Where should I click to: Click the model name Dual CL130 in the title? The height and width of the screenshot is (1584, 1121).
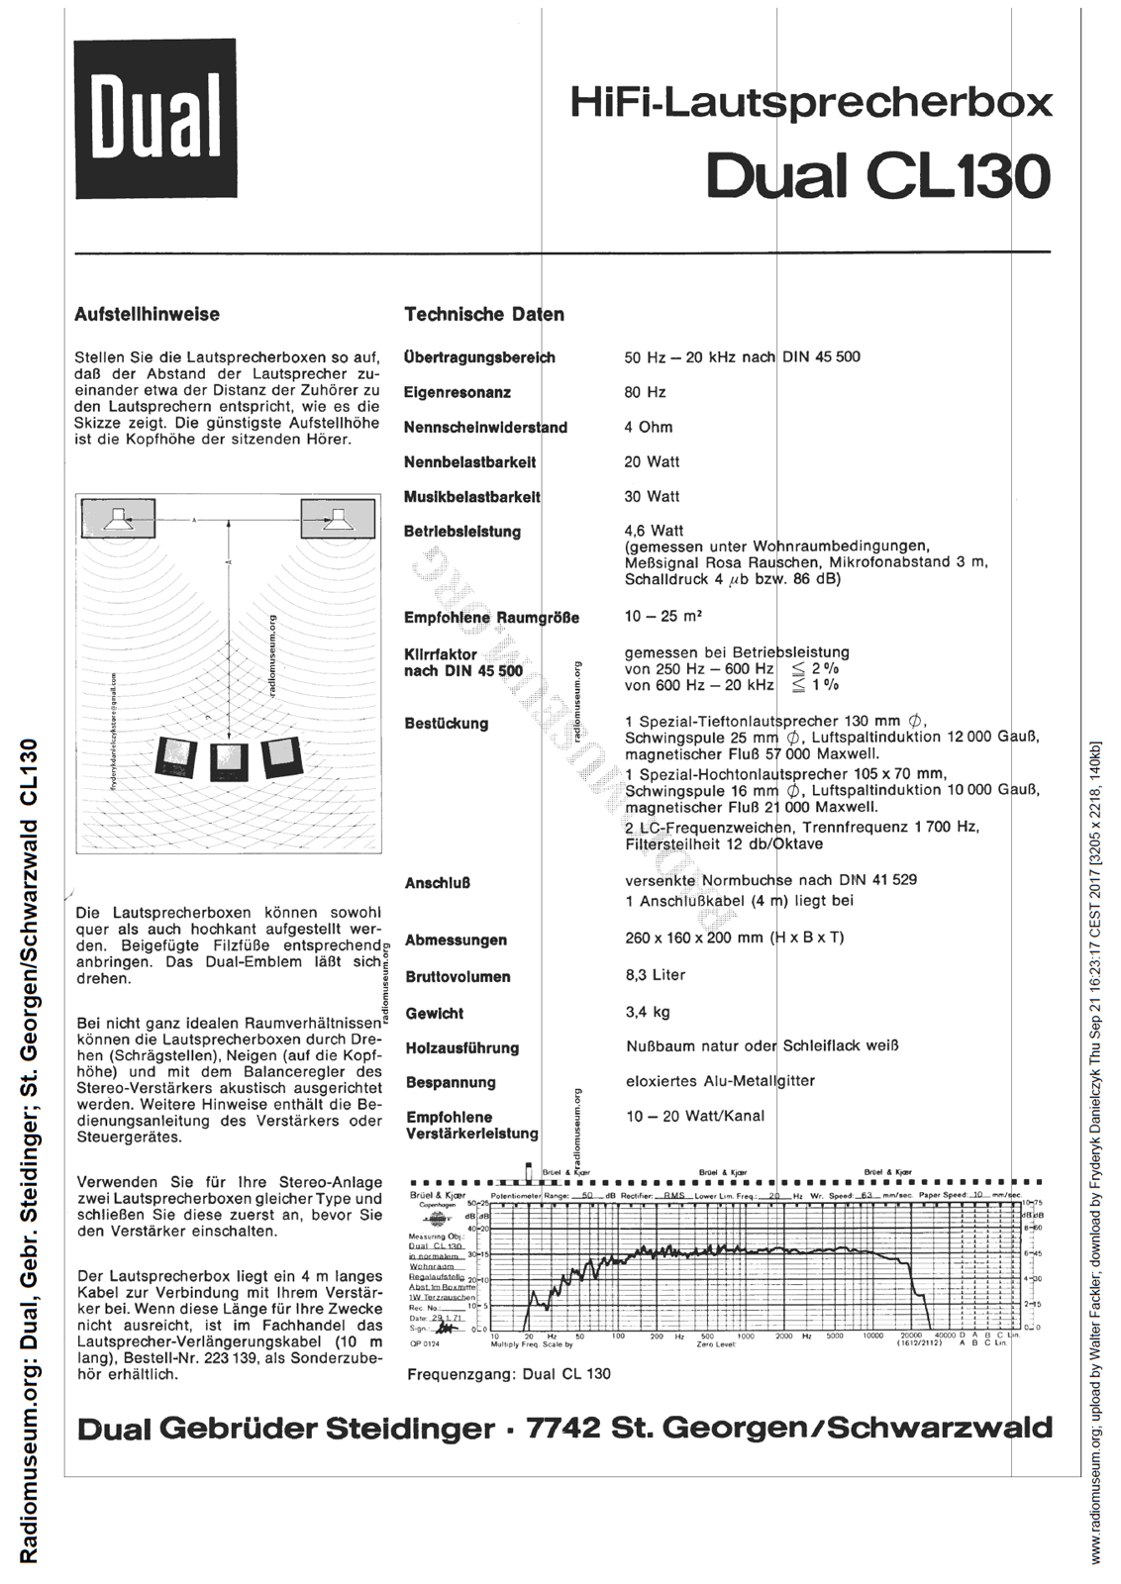coord(877,176)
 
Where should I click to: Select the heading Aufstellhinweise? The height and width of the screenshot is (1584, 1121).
coord(147,315)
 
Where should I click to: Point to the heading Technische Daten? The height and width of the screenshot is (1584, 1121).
coord(484,315)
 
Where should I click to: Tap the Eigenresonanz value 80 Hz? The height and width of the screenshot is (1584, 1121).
coord(645,392)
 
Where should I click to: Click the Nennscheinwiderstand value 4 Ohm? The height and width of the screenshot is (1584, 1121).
coord(649,427)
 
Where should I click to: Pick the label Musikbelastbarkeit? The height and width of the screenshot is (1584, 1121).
coord(471,497)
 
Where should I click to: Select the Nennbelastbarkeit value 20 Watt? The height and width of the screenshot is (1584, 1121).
coord(652,461)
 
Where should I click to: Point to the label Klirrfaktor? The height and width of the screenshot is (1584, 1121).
coord(441,654)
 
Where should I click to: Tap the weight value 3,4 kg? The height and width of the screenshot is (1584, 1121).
coord(648,1012)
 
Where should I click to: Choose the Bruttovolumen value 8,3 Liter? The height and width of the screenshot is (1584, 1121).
coord(656,975)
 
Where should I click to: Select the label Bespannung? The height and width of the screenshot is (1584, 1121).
coord(451,1083)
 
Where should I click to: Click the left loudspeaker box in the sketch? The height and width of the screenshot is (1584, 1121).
coord(118,518)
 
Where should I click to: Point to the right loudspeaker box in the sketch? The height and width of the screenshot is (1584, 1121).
coord(338,518)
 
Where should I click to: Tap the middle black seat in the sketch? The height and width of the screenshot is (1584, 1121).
coord(227,760)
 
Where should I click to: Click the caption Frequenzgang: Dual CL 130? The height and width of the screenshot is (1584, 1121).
coord(509,1374)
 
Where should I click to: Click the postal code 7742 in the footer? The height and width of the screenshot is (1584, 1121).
coord(564,1429)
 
